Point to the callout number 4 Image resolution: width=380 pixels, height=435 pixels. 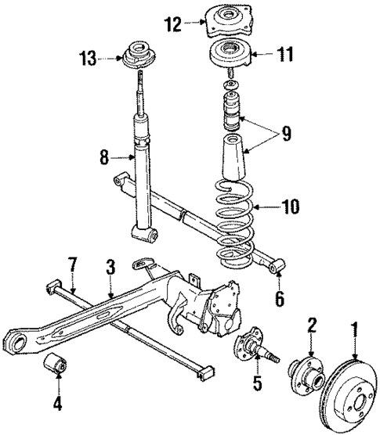(x=56, y=406)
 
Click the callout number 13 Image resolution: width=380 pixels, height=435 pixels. (x=89, y=57)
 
